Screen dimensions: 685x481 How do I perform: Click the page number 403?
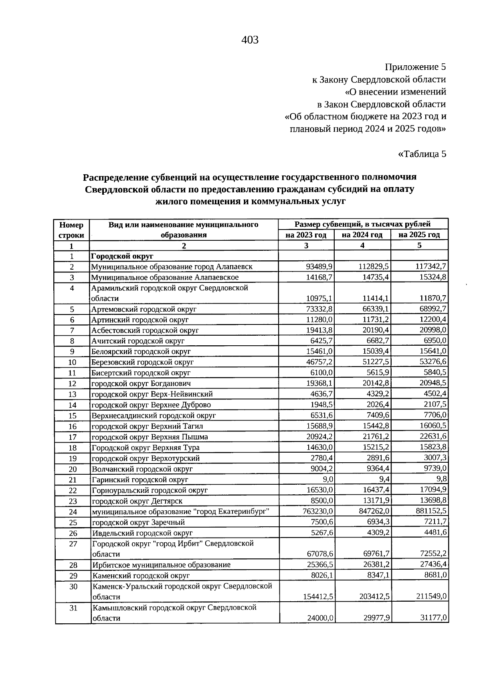[250, 40]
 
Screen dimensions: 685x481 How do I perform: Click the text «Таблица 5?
[422, 154]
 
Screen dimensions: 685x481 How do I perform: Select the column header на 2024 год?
[362, 235]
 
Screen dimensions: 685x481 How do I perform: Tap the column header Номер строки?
[72, 230]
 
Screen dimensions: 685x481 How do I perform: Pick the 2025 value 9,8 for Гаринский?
[442, 479]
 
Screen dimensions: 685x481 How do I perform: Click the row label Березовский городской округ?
[143, 362]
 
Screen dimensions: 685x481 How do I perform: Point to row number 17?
[72, 437]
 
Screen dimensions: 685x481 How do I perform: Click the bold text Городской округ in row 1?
[123, 256]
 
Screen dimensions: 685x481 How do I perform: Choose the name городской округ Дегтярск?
[137, 501]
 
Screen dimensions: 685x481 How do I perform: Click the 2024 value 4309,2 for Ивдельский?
[376, 533]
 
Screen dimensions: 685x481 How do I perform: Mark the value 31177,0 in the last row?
[433, 618]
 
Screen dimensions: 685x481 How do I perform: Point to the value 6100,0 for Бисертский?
[321, 373]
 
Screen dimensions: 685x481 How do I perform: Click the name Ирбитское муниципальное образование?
[161, 565]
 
